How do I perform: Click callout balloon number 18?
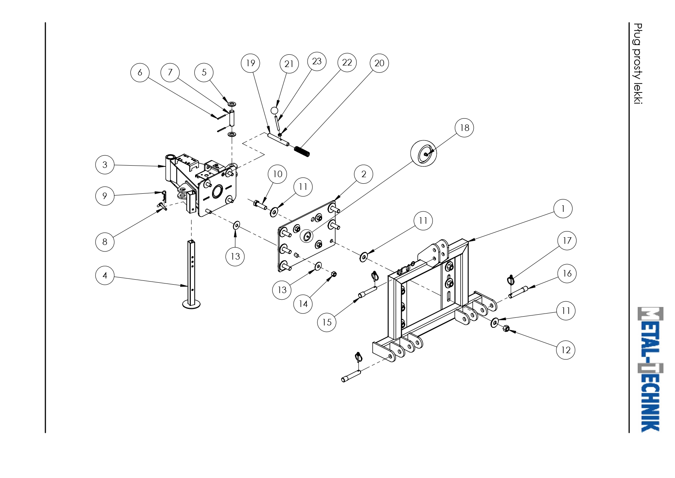(x=464, y=128)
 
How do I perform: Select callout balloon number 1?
(x=563, y=209)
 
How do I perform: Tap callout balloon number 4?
(x=105, y=275)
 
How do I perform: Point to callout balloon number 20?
(x=379, y=63)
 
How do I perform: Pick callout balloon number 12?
(x=566, y=350)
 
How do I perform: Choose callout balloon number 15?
(x=327, y=322)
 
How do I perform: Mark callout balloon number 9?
(x=105, y=196)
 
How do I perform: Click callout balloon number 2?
(x=364, y=174)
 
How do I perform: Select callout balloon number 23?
(x=317, y=61)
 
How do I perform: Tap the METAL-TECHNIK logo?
(x=650, y=369)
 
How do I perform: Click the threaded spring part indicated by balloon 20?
(x=302, y=151)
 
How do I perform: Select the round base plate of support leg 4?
(x=191, y=304)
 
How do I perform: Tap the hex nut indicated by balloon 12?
(x=506, y=329)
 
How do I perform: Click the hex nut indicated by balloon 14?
(x=334, y=274)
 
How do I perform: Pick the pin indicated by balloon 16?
(x=518, y=292)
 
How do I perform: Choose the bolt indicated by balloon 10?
(x=261, y=205)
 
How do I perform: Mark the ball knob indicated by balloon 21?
(x=274, y=111)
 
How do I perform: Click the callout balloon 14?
(x=303, y=304)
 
